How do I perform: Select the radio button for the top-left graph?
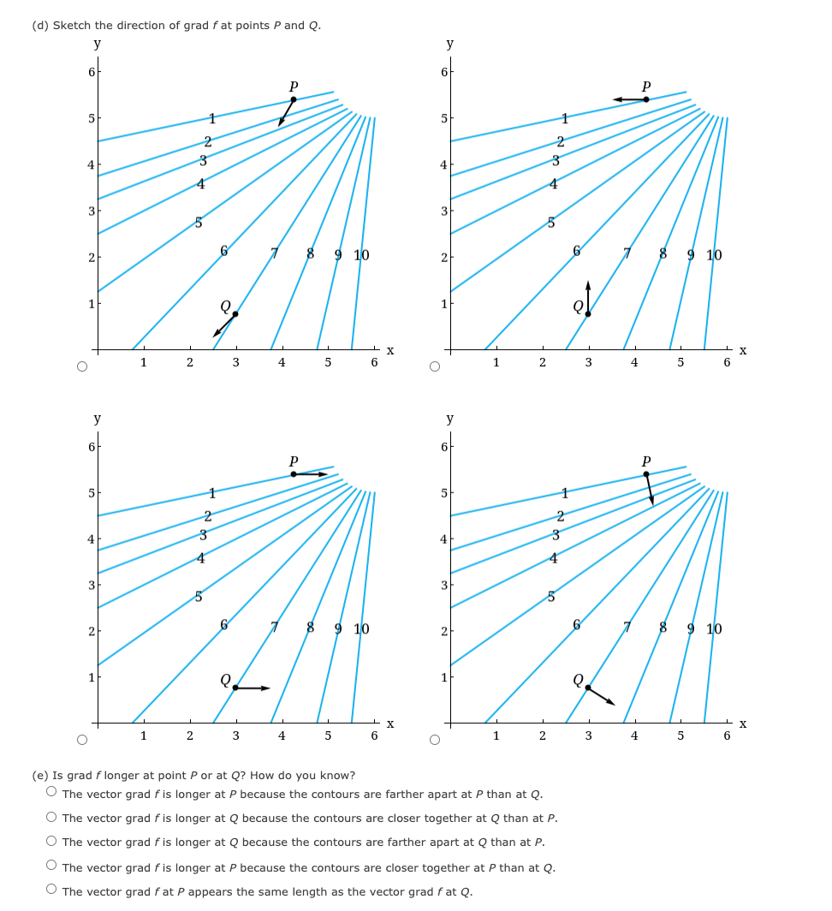click(x=81, y=366)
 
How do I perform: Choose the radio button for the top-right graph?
click(x=435, y=366)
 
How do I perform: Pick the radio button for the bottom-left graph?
click(x=81, y=740)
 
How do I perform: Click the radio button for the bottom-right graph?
click(x=435, y=740)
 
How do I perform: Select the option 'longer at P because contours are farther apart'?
click(x=53, y=794)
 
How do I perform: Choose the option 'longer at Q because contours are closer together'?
click(x=53, y=818)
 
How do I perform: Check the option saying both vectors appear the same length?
click(x=53, y=891)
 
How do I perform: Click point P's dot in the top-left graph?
click(x=294, y=99)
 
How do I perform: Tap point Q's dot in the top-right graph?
click(x=588, y=313)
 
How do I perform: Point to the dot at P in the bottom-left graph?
click(x=294, y=473)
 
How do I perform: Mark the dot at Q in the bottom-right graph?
click(x=588, y=688)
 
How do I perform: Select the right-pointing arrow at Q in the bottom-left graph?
click(x=254, y=688)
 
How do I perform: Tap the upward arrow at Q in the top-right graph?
click(x=588, y=295)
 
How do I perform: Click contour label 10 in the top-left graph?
click(x=361, y=255)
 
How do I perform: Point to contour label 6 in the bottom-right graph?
click(x=577, y=625)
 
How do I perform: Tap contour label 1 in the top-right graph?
click(x=564, y=118)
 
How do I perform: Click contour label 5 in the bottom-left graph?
click(x=199, y=597)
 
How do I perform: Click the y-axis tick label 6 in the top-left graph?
click(x=90, y=71)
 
